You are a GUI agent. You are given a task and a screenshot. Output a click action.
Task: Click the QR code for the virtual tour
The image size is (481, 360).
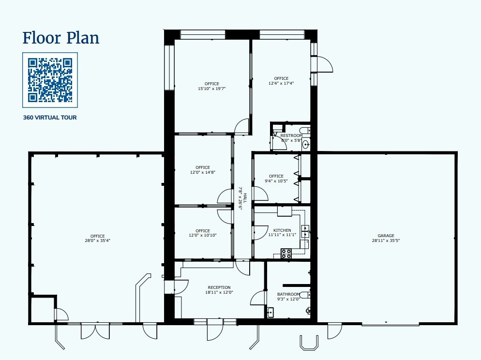50,80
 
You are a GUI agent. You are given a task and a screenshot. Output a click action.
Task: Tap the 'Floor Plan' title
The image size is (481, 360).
61,37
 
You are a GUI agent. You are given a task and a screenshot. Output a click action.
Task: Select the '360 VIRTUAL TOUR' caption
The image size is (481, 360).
50,118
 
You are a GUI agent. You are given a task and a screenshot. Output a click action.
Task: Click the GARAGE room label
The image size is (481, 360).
386,236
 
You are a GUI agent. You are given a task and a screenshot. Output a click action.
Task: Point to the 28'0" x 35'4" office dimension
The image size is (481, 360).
97,240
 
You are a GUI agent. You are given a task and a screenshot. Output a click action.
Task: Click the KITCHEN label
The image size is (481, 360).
282,230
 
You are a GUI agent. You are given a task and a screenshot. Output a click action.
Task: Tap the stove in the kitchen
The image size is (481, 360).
286,253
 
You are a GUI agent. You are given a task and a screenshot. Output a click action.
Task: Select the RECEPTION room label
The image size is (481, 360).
219,287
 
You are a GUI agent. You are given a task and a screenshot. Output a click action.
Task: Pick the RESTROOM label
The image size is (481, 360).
291,135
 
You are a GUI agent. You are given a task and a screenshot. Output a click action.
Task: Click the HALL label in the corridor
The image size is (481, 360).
245,198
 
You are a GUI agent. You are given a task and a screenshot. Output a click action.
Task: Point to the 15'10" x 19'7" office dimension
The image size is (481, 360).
212,89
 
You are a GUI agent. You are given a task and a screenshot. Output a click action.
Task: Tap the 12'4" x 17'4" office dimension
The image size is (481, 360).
281,83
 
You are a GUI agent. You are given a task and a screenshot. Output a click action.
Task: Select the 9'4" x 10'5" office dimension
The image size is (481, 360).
276,181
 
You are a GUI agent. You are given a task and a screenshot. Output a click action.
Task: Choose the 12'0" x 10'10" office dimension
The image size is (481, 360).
203,236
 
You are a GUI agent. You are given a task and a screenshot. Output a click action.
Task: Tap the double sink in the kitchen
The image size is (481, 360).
305,231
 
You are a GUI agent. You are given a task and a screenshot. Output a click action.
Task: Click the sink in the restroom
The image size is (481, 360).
306,144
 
